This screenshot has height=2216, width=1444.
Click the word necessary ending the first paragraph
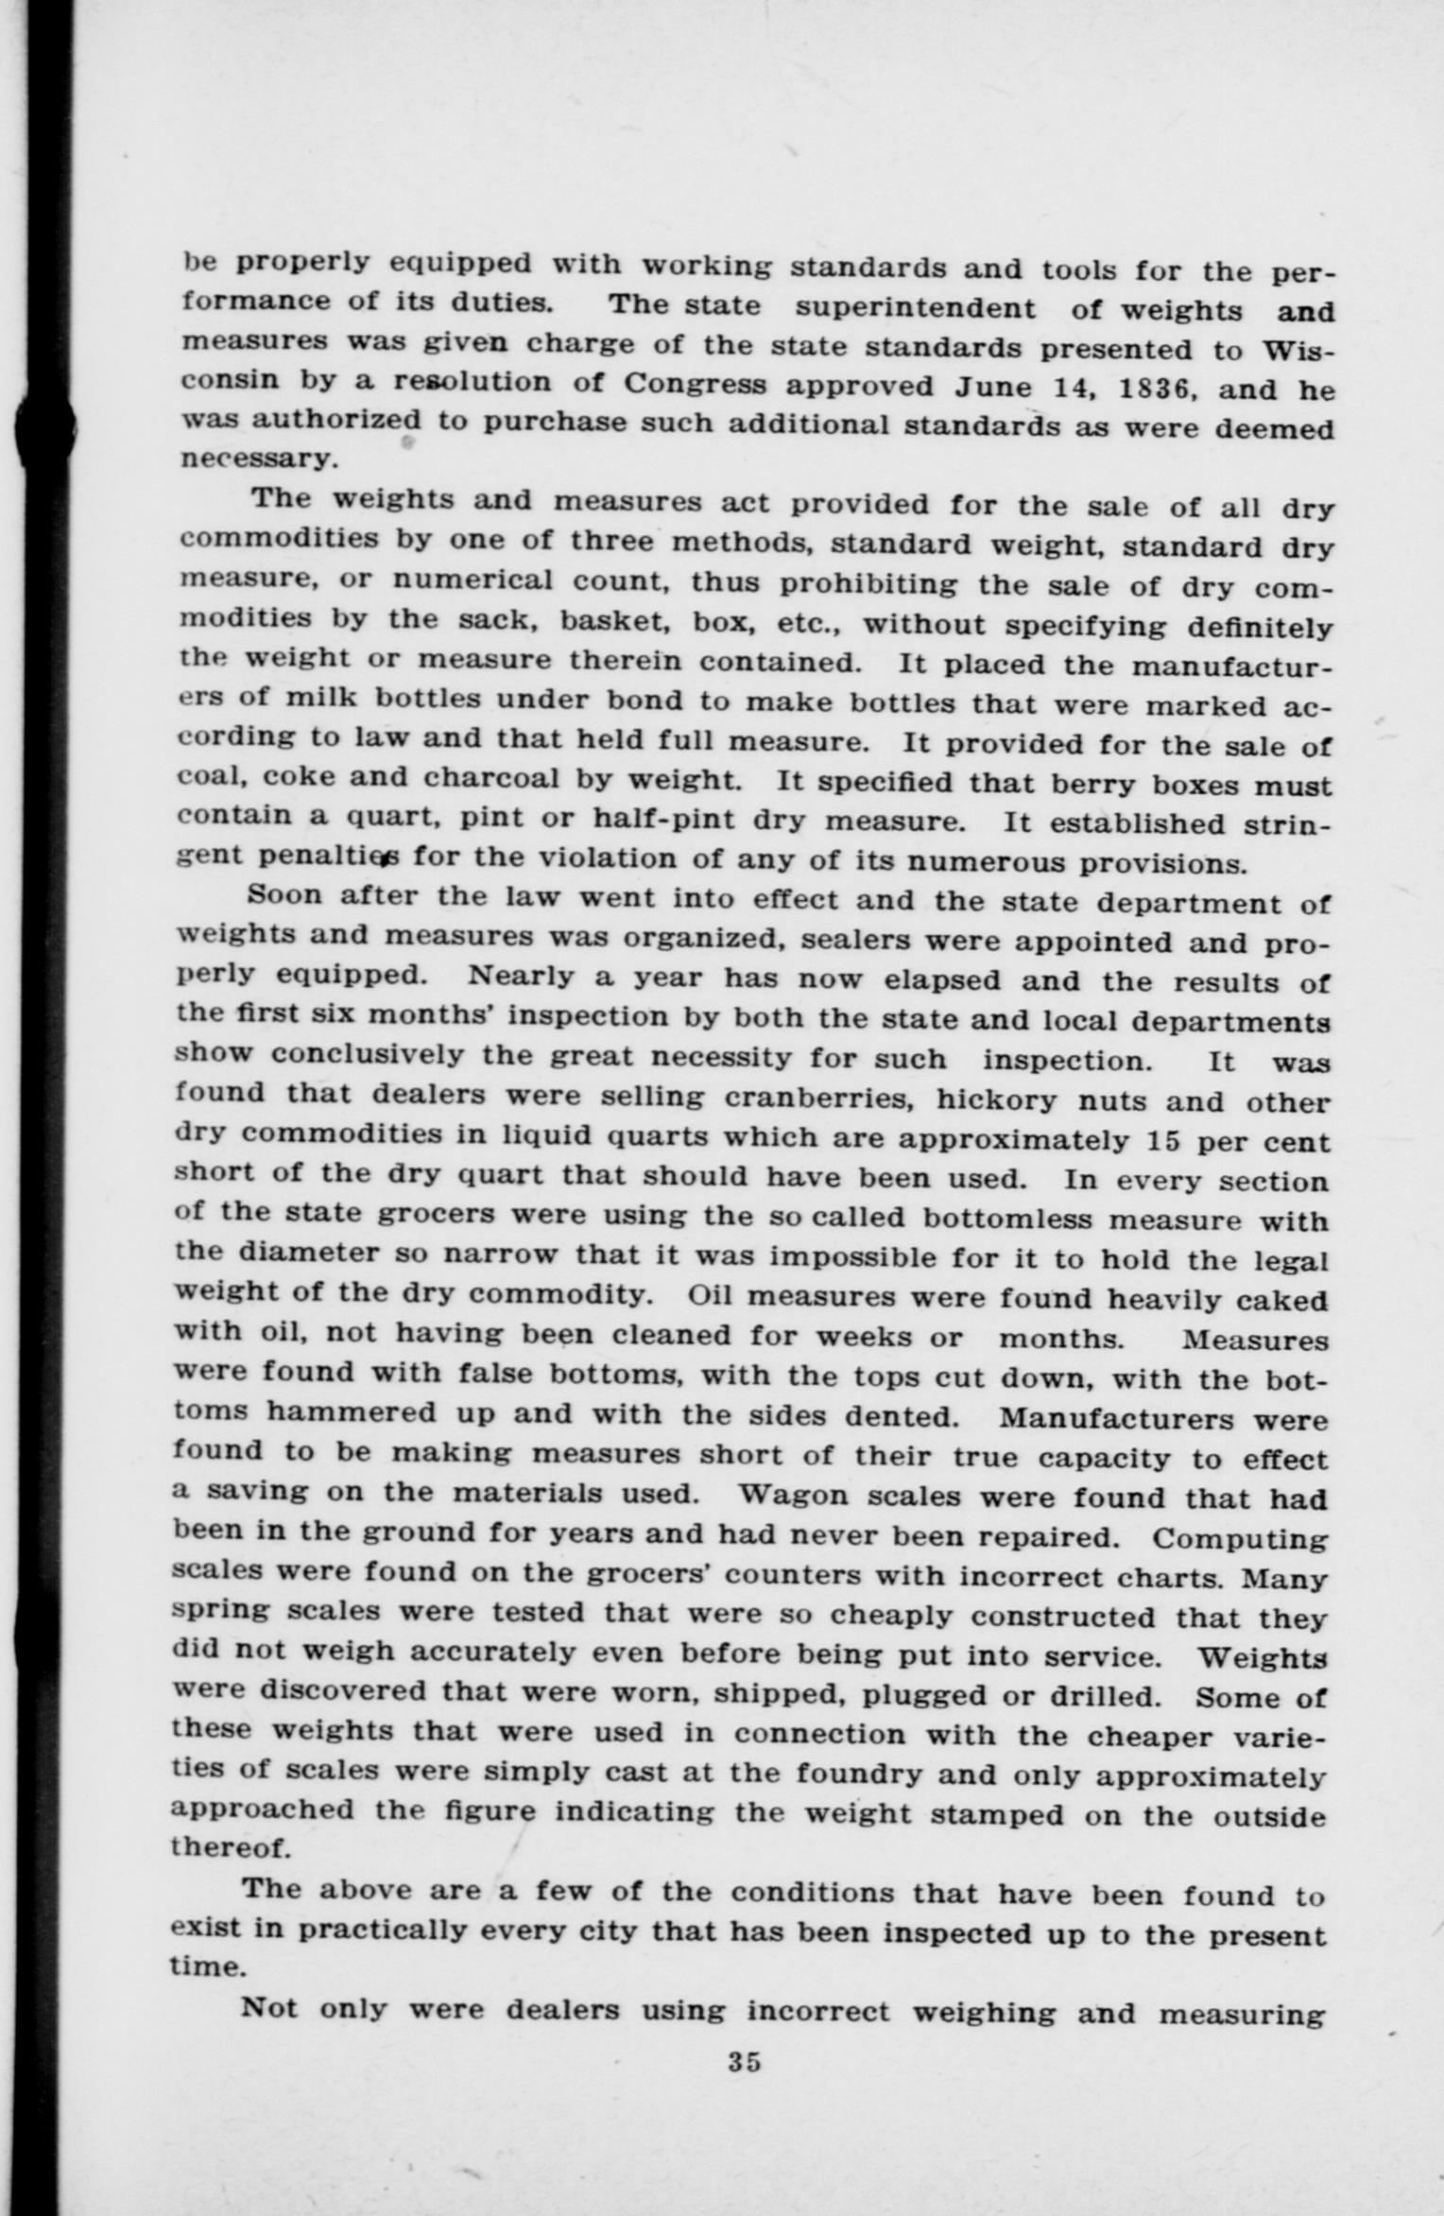256,460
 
